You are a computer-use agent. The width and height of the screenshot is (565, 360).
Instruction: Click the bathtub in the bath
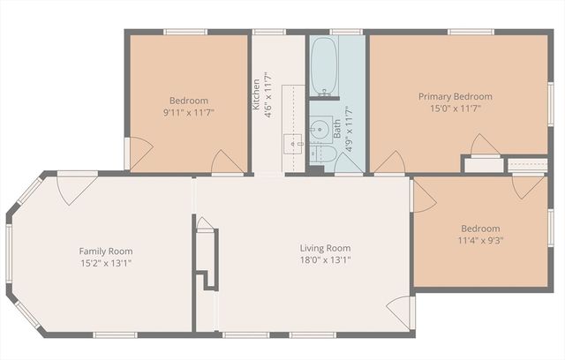323,65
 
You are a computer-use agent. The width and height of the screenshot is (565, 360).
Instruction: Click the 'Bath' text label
336,130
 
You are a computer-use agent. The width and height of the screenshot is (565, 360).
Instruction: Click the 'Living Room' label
325,248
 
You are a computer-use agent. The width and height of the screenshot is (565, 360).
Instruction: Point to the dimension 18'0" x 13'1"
325,260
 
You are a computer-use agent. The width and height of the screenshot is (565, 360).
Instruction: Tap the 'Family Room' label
106,251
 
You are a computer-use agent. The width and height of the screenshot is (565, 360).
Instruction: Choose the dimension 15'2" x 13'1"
106,263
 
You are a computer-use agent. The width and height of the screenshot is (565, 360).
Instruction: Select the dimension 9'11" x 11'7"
189,112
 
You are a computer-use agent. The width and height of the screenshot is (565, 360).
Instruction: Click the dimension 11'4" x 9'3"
480,239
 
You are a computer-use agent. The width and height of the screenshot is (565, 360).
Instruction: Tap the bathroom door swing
348,165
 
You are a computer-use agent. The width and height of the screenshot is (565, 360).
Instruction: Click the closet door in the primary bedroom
484,146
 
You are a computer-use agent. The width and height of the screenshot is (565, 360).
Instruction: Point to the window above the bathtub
322,32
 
